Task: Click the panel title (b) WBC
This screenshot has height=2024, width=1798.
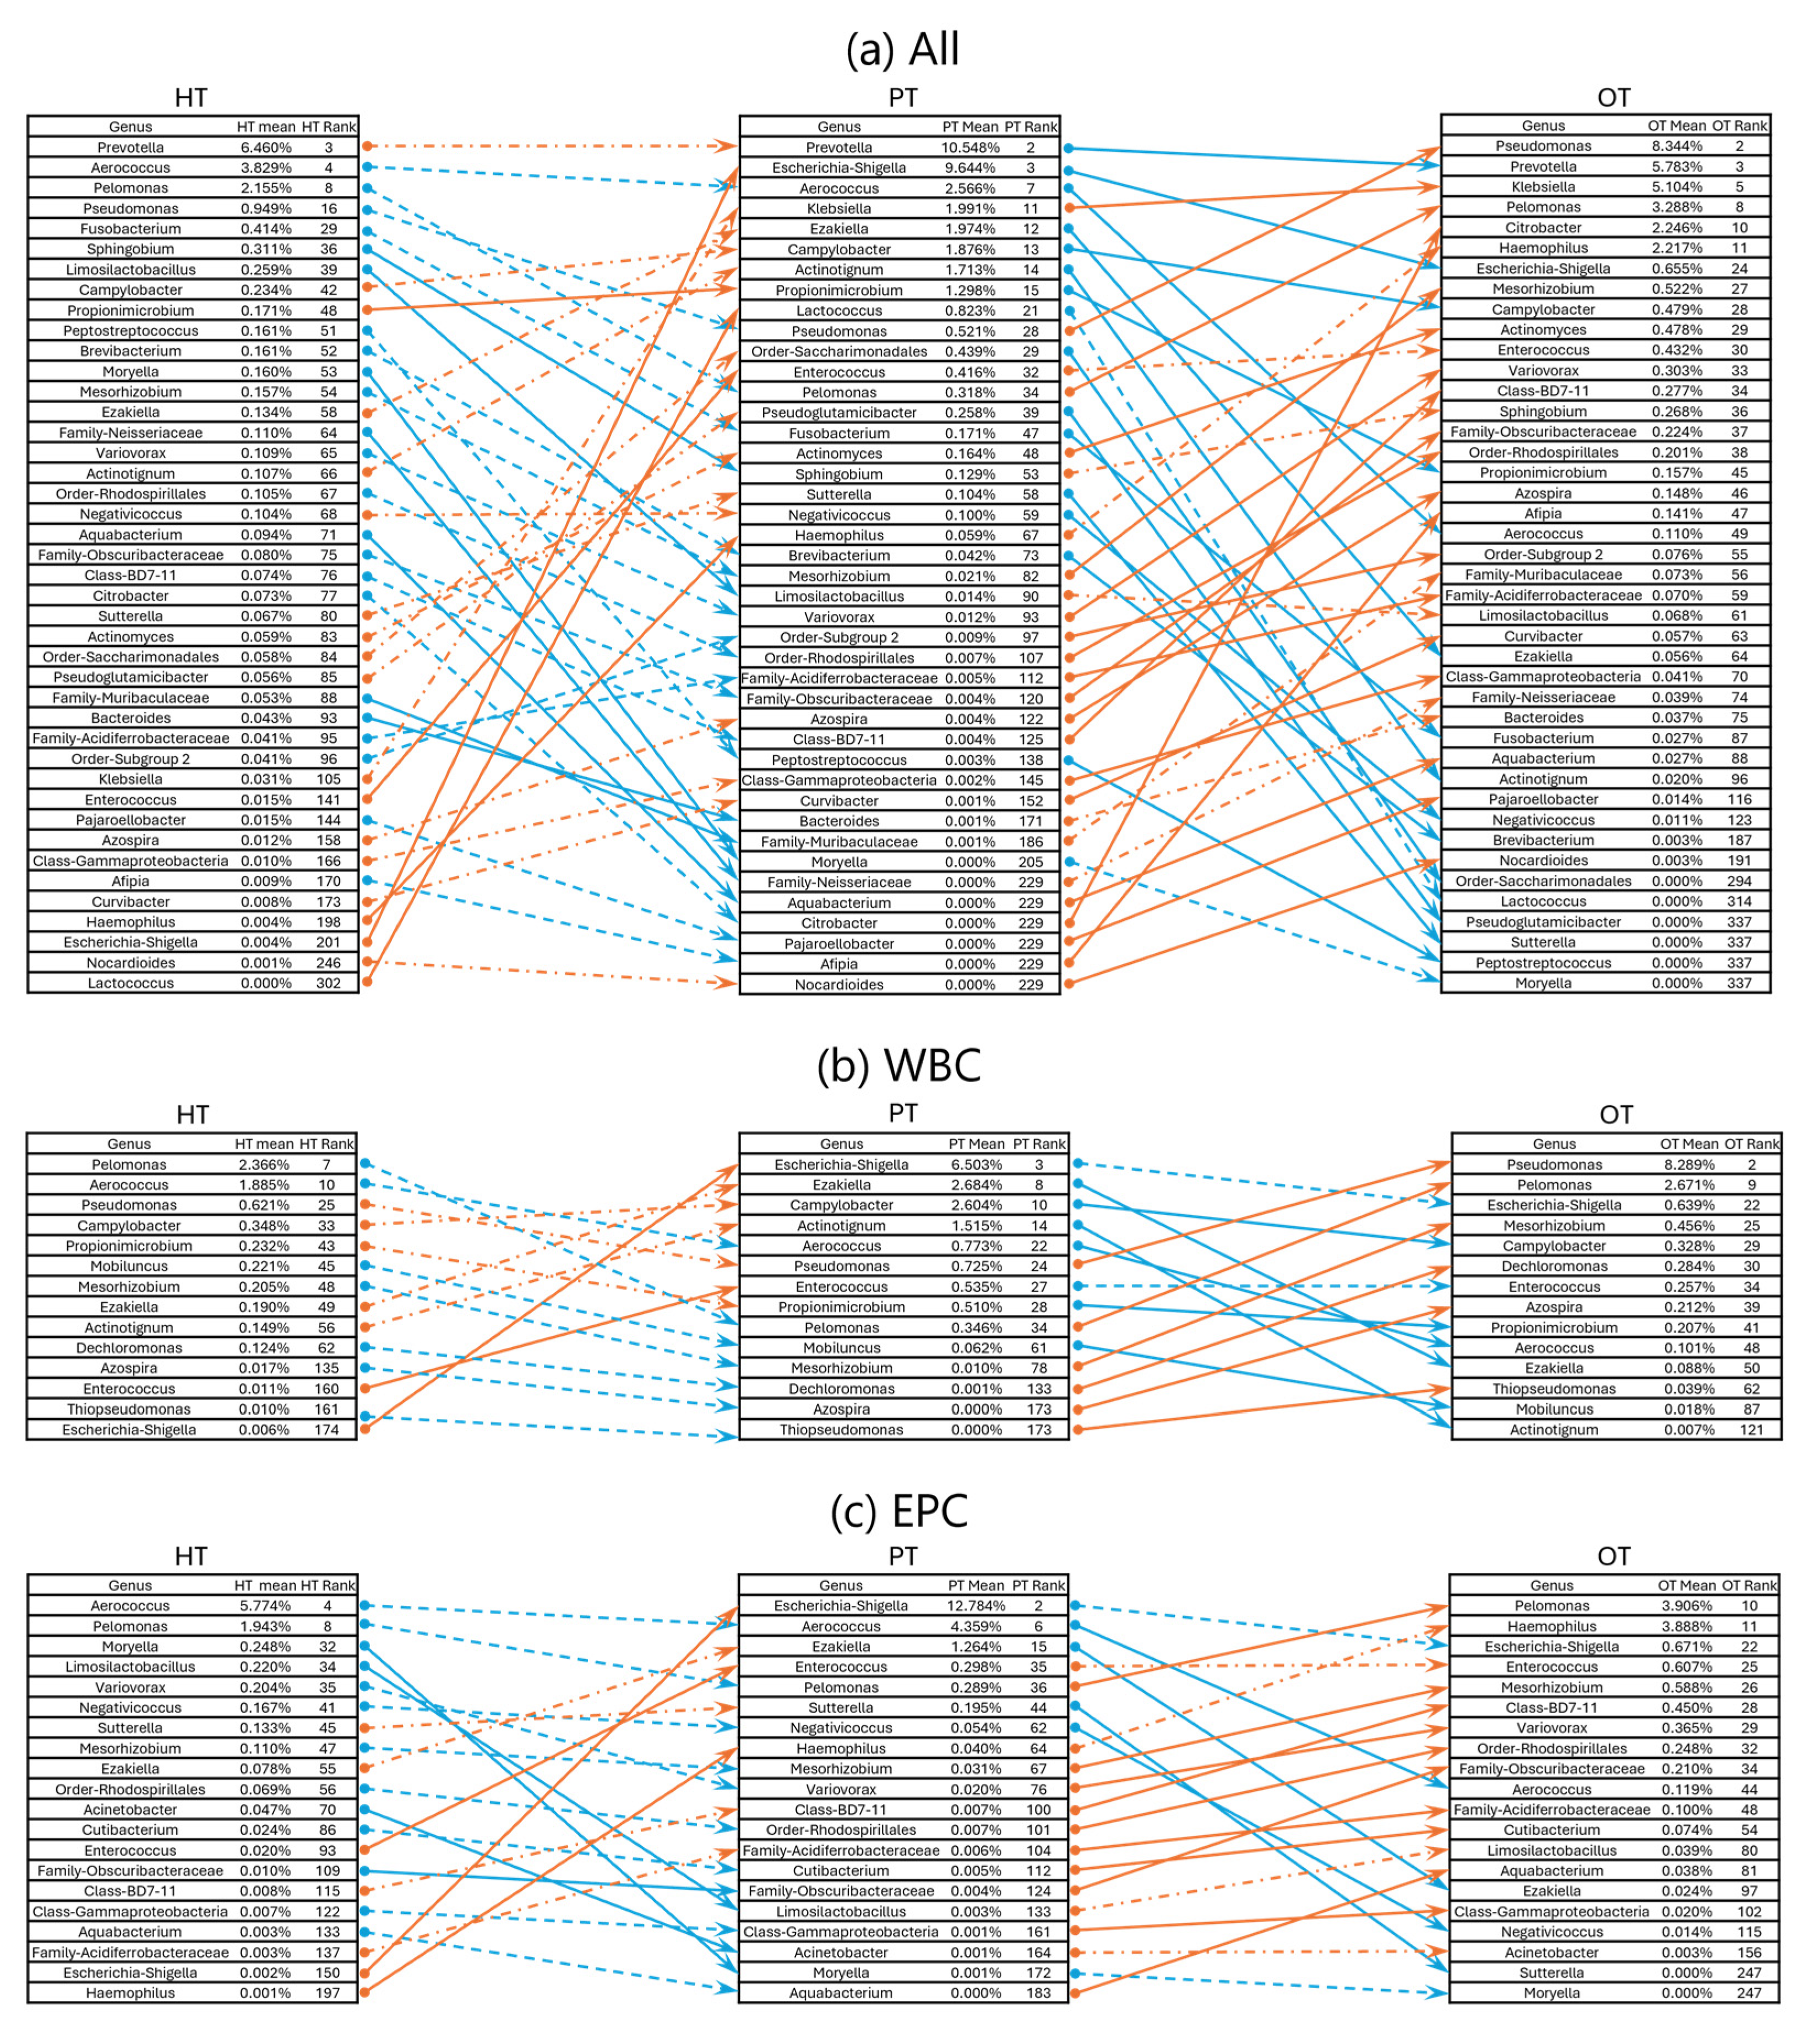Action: click(x=900, y=1066)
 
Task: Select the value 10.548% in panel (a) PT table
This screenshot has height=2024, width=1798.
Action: click(x=969, y=146)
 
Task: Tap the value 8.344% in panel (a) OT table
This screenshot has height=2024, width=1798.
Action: click(x=1676, y=146)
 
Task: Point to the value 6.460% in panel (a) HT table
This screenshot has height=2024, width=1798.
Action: click(x=265, y=146)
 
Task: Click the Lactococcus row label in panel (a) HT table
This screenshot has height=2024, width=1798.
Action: click(x=130, y=983)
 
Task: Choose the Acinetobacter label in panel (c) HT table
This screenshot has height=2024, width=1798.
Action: click(x=130, y=1809)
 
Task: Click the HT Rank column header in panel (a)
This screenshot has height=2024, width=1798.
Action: click(x=328, y=126)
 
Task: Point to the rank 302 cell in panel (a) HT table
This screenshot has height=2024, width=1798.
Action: click(x=328, y=983)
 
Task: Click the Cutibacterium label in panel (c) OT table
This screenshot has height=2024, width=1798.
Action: click(x=1551, y=1830)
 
